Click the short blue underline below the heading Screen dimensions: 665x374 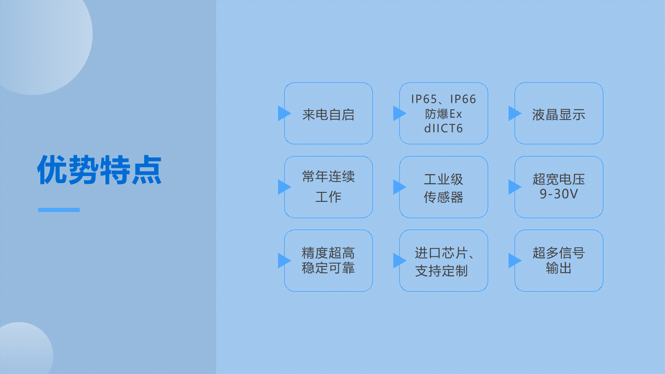(x=59, y=210)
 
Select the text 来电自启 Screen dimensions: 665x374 (x=328, y=115)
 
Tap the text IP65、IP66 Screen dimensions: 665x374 (x=444, y=99)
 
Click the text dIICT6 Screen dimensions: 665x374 (x=444, y=128)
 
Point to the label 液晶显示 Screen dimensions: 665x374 (x=559, y=115)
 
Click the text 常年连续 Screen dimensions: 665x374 (x=328, y=177)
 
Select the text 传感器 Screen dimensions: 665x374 (x=444, y=197)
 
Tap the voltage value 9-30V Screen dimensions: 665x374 (x=559, y=194)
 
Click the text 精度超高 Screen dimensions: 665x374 (x=328, y=253)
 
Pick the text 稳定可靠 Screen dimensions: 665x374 (x=328, y=268)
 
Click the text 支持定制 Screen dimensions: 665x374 (x=441, y=271)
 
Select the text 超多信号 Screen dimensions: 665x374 (x=559, y=253)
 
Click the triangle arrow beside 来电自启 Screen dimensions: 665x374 (x=284, y=113)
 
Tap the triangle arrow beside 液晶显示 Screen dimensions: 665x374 (x=514, y=113)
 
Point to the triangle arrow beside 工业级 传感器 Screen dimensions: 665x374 (x=399, y=187)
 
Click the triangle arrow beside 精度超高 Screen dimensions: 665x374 (x=284, y=260)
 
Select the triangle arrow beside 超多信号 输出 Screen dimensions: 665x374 (x=514, y=260)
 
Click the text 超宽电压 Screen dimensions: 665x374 (x=559, y=179)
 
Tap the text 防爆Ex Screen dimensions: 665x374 (x=444, y=114)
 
